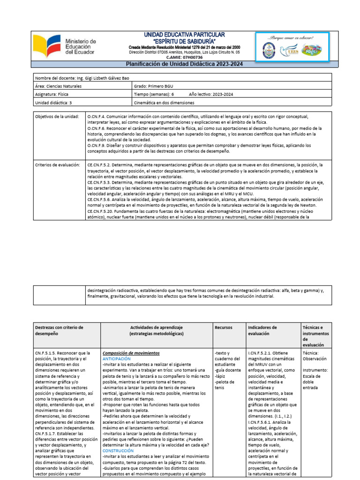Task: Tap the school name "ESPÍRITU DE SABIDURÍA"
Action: pos(184,41)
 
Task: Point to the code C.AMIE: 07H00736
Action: pos(184,58)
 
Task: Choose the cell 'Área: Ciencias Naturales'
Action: pos(59,86)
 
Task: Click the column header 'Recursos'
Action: pos(223,327)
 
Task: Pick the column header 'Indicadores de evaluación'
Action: pos(262,330)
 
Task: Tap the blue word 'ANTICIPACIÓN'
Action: pos(118,358)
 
